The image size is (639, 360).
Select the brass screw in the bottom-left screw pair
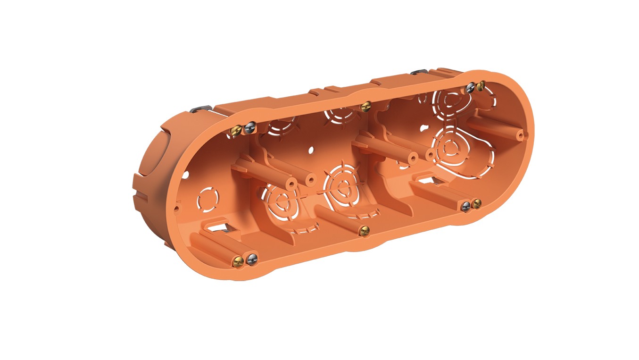click(239, 260)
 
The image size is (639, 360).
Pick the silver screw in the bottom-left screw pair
click(252, 258)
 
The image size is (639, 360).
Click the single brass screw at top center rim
click(364, 107)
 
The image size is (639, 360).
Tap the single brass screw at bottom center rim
click(363, 231)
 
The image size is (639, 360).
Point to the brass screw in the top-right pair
click(481, 85)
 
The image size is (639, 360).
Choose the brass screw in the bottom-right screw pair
click(476, 204)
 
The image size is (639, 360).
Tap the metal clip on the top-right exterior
click(418, 72)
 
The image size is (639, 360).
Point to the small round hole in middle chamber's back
click(310, 151)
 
